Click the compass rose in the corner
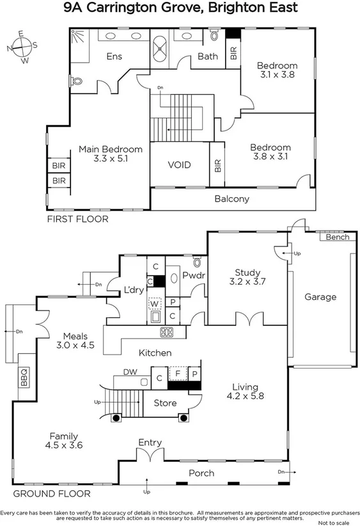point(22,47)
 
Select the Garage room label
point(320,297)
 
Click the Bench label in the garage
point(336,237)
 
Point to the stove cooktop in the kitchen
point(167,331)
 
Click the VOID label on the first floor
point(179,165)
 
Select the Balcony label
point(231,199)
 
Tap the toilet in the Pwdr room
point(198,262)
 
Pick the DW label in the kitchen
point(130,371)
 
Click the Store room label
point(164,402)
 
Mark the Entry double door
point(149,456)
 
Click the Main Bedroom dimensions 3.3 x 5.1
point(110,159)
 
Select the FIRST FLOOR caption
point(78,219)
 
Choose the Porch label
point(201,474)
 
